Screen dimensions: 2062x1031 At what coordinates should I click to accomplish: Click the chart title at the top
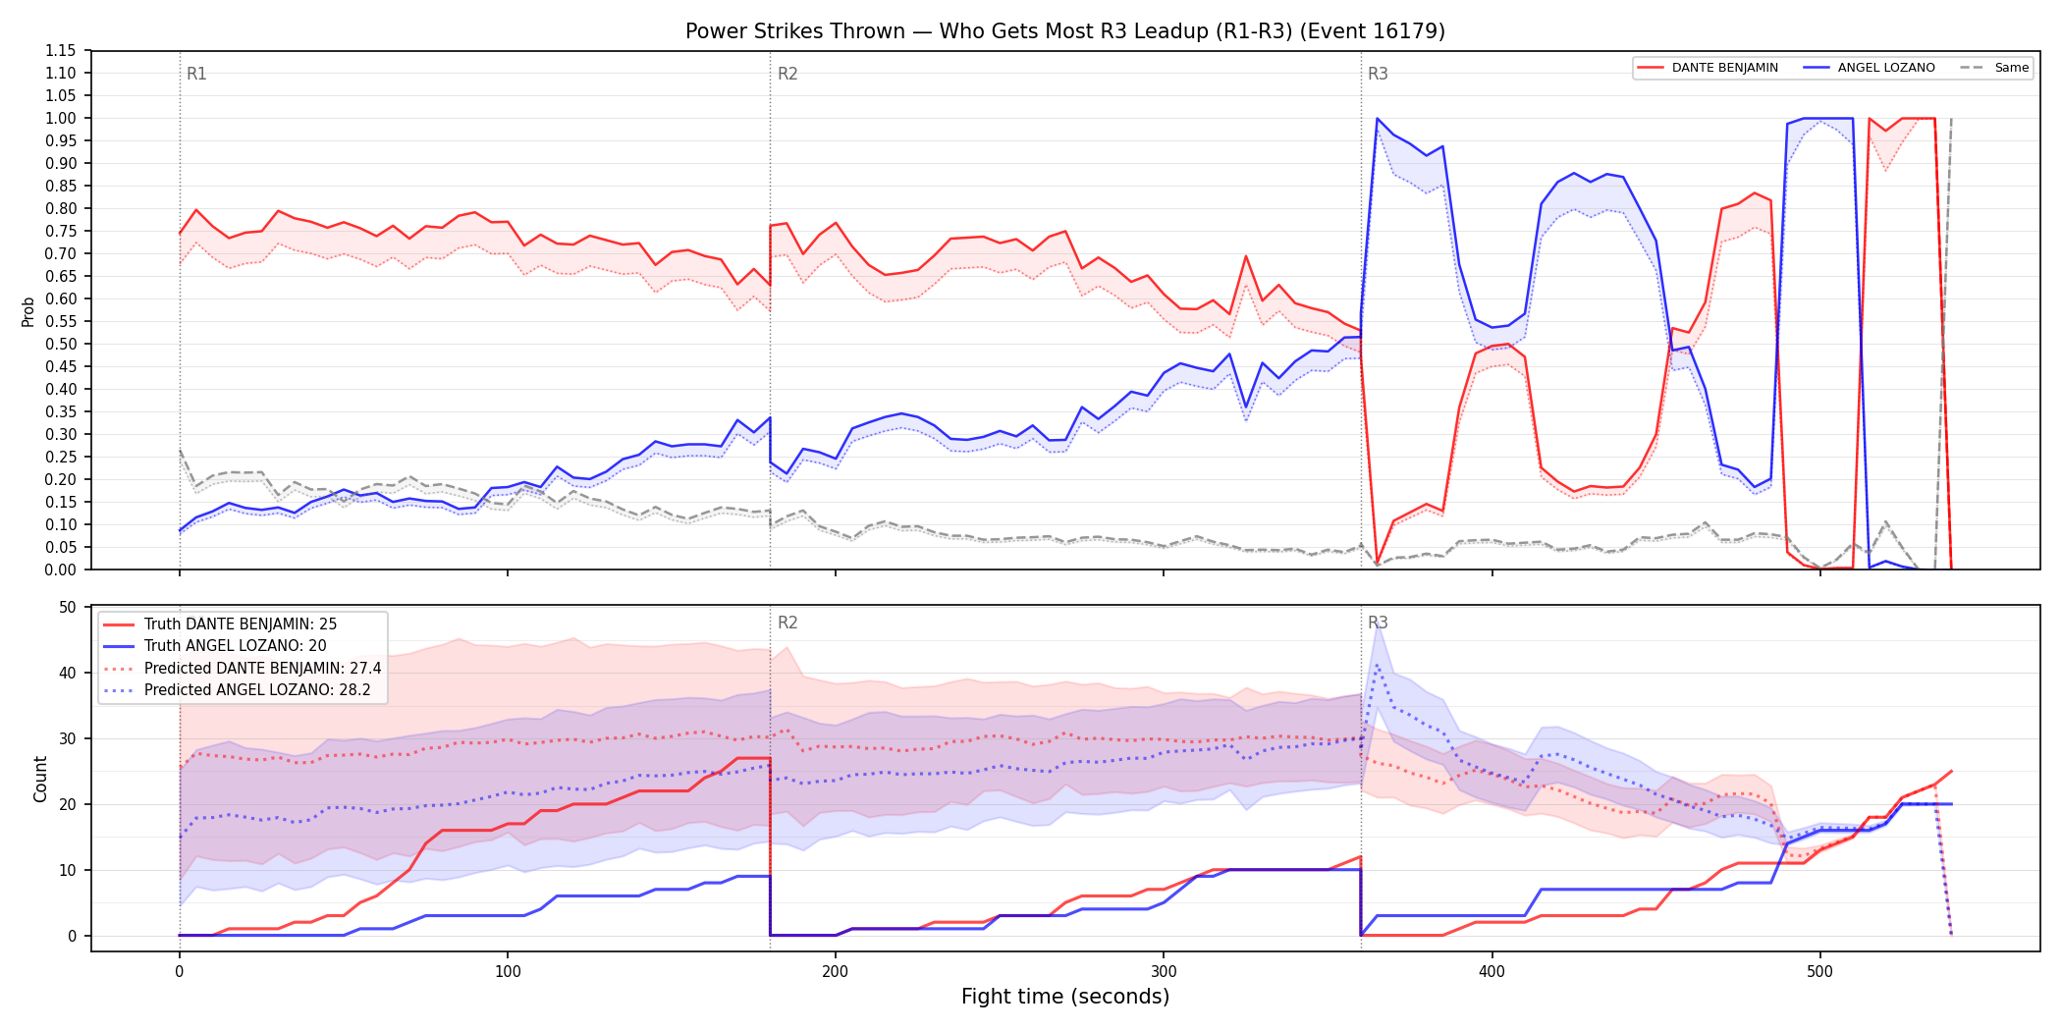coord(1065,31)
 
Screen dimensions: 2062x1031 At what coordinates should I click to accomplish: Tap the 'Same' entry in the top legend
coord(2011,68)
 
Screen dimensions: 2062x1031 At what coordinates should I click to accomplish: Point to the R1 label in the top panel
coord(196,74)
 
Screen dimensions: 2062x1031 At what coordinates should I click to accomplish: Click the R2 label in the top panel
coord(787,74)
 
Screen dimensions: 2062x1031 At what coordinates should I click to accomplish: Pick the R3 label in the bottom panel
coord(1378,623)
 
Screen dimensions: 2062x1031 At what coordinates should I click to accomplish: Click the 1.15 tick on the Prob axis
coord(60,51)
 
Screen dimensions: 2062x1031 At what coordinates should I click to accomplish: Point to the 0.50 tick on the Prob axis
coord(60,344)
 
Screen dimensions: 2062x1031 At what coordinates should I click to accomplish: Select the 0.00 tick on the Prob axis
coord(60,570)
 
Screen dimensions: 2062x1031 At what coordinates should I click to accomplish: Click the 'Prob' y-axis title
coord(28,311)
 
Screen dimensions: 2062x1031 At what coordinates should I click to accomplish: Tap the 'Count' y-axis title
coord(40,779)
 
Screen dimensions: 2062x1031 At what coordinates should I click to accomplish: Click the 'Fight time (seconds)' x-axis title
coord(1065,997)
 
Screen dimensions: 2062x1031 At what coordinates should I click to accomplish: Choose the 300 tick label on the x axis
coord(1164,972)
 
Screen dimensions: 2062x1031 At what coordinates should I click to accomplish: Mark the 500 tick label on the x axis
coord(1819,972)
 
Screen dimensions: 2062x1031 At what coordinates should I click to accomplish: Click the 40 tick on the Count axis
coord(68,673)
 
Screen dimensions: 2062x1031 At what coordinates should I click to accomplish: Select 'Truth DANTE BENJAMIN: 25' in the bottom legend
coord(241,624)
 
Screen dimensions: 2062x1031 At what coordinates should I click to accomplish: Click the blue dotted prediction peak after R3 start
coord(1377,665)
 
